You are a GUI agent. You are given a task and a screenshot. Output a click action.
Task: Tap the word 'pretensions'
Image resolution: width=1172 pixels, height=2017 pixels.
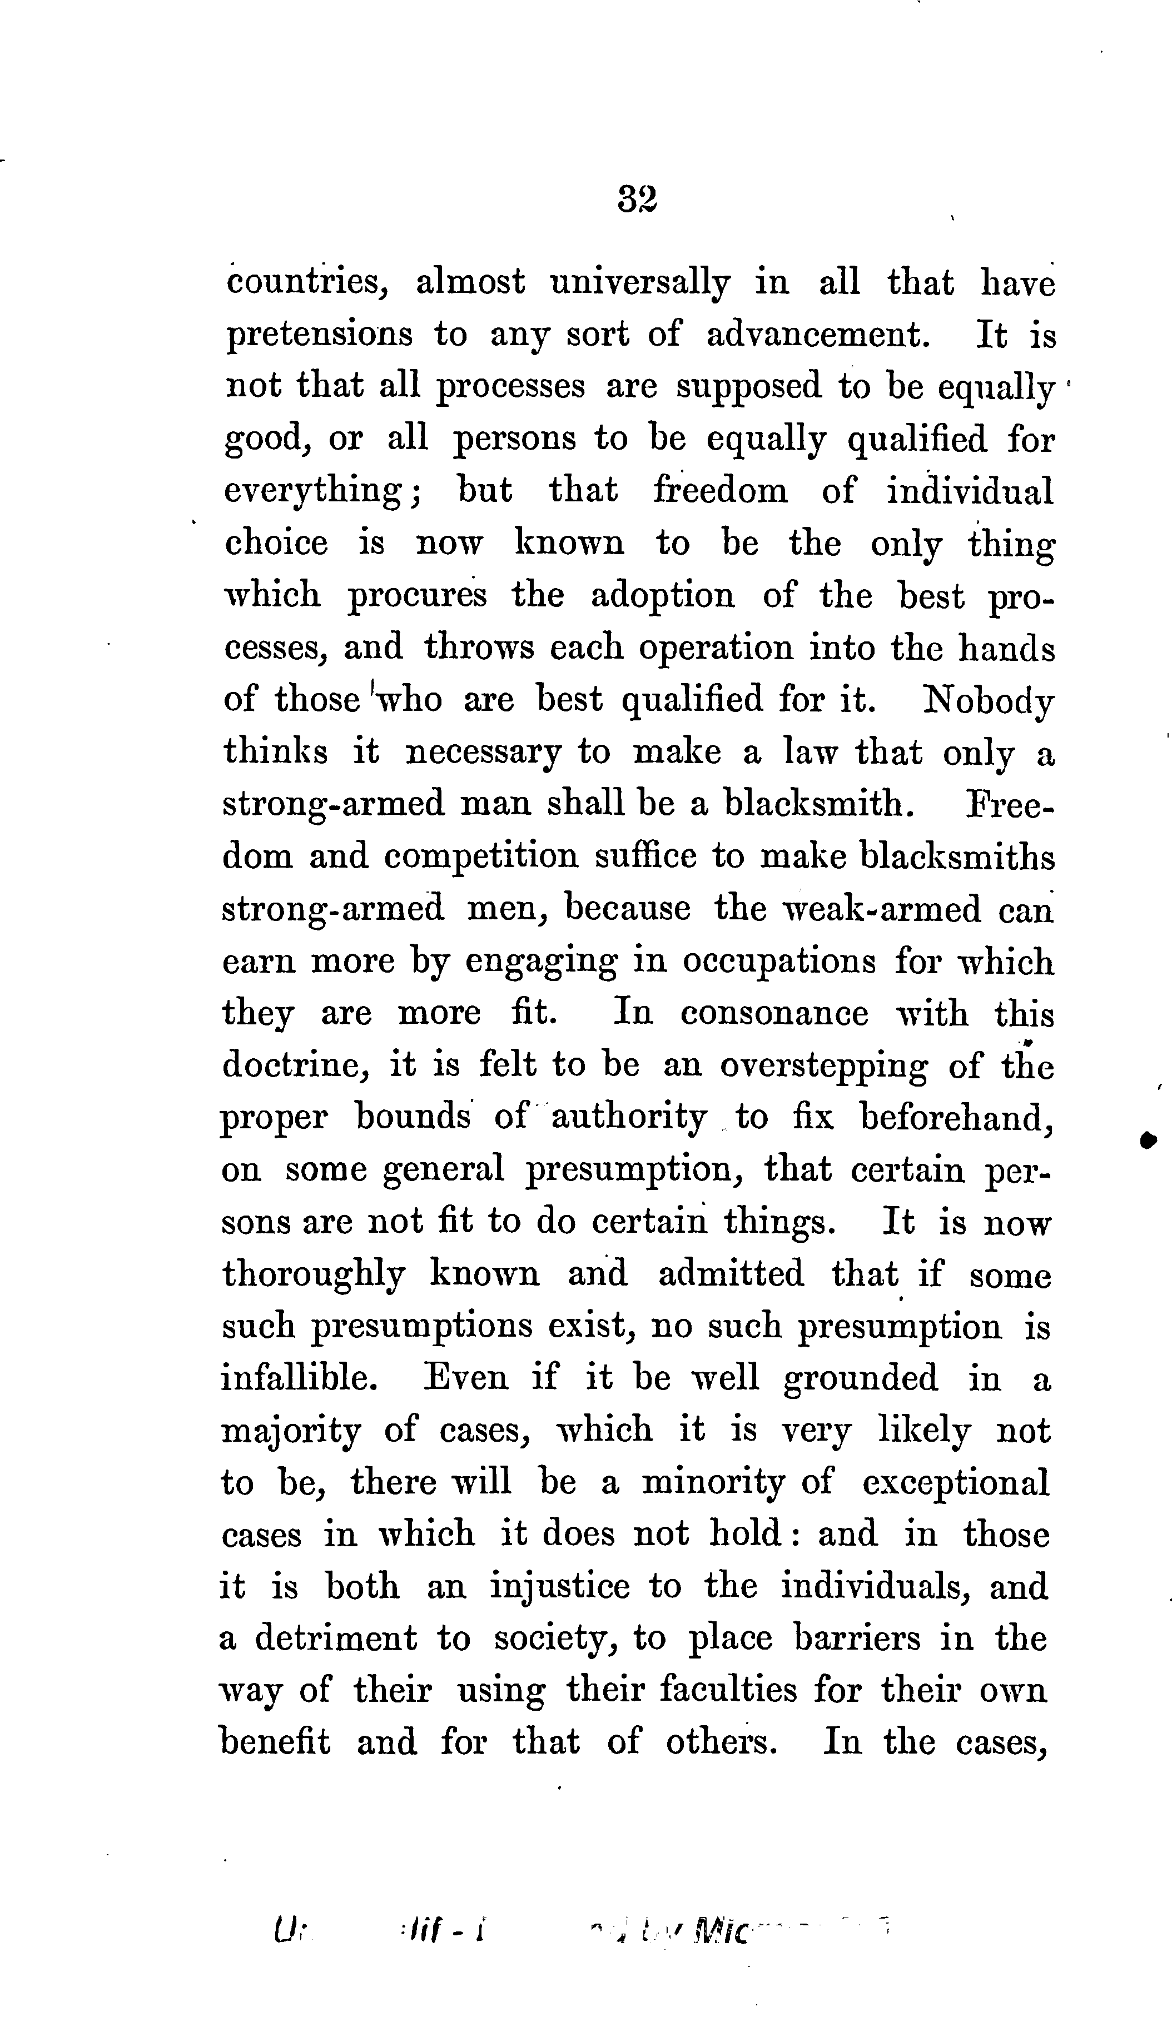(x=320, y=335)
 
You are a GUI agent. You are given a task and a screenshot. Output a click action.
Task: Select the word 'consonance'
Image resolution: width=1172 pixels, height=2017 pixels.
(x=774, y=1013)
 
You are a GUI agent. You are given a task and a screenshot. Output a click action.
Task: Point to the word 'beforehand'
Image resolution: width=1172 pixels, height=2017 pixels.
(x=955, y=1117)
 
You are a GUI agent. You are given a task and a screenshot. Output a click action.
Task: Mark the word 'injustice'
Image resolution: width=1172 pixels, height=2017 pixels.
(x=559, y=1587)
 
